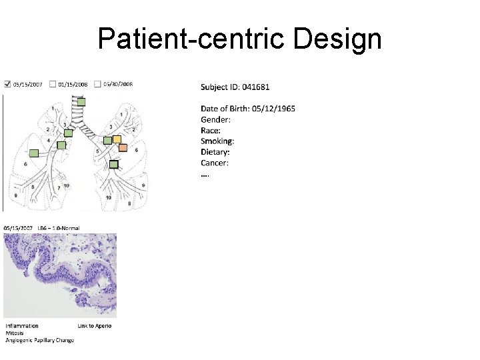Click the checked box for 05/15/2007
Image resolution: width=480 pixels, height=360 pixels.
(7, 85)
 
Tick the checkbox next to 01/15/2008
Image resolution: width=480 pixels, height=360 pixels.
(53, 85)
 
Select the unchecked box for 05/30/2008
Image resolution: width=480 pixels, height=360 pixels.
(97, 85)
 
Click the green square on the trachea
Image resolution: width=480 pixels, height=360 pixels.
(81, 102)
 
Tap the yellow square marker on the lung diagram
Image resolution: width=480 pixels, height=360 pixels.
(117, 139)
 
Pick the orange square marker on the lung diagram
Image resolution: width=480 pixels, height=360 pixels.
(123, 147)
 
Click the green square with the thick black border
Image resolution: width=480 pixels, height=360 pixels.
(113, 164)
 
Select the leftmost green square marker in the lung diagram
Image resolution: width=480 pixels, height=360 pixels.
(34, 153)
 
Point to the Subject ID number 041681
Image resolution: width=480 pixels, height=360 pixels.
(257, 87)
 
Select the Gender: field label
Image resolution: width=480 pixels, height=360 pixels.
(216, 119)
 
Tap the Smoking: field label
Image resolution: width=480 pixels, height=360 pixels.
(217, 141)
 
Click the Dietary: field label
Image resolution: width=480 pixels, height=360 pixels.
(215, 152)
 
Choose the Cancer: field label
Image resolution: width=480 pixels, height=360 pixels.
(215, 163)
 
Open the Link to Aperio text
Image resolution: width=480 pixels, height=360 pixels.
(94, 326)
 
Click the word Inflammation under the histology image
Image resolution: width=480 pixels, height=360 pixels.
(22, 326)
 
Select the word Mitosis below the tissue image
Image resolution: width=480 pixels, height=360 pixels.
(15, 333)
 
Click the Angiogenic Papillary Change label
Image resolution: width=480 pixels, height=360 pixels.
(40, 340)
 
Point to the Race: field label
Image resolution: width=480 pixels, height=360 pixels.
(211, 130)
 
